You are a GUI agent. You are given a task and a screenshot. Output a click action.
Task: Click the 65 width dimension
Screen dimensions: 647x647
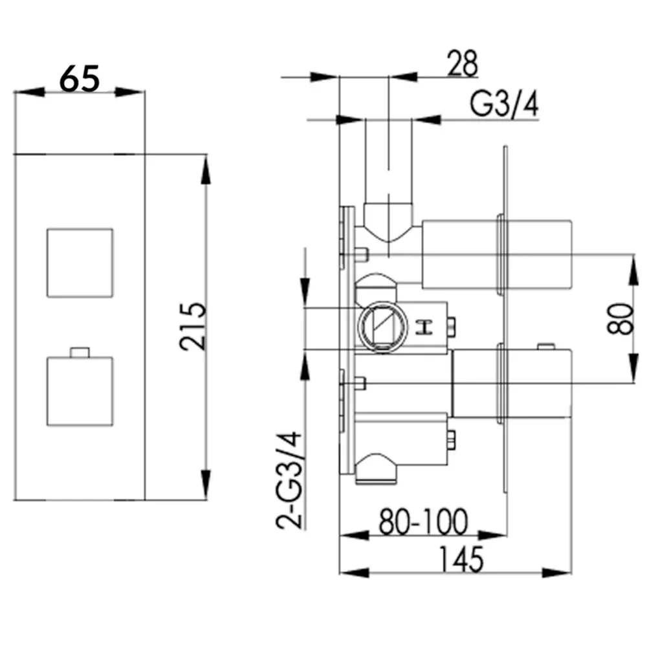[x=80, y=78]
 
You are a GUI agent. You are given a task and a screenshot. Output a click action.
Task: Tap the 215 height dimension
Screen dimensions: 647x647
[x=193, y=326]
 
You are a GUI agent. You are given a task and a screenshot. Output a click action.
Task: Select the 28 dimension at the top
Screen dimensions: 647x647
[x=462, y=63]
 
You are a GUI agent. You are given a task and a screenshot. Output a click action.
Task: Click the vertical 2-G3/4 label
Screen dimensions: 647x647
[x=289, y=480]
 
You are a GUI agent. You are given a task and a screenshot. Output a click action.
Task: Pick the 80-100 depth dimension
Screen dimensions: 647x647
[x=424, y=521]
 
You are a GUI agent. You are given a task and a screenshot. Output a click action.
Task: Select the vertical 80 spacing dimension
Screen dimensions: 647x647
[x=620, y=318]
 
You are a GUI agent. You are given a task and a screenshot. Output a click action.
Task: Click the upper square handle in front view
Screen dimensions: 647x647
[x=80, y=263]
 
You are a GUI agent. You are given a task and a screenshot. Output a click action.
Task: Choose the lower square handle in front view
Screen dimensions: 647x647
[x=80, y=391]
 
